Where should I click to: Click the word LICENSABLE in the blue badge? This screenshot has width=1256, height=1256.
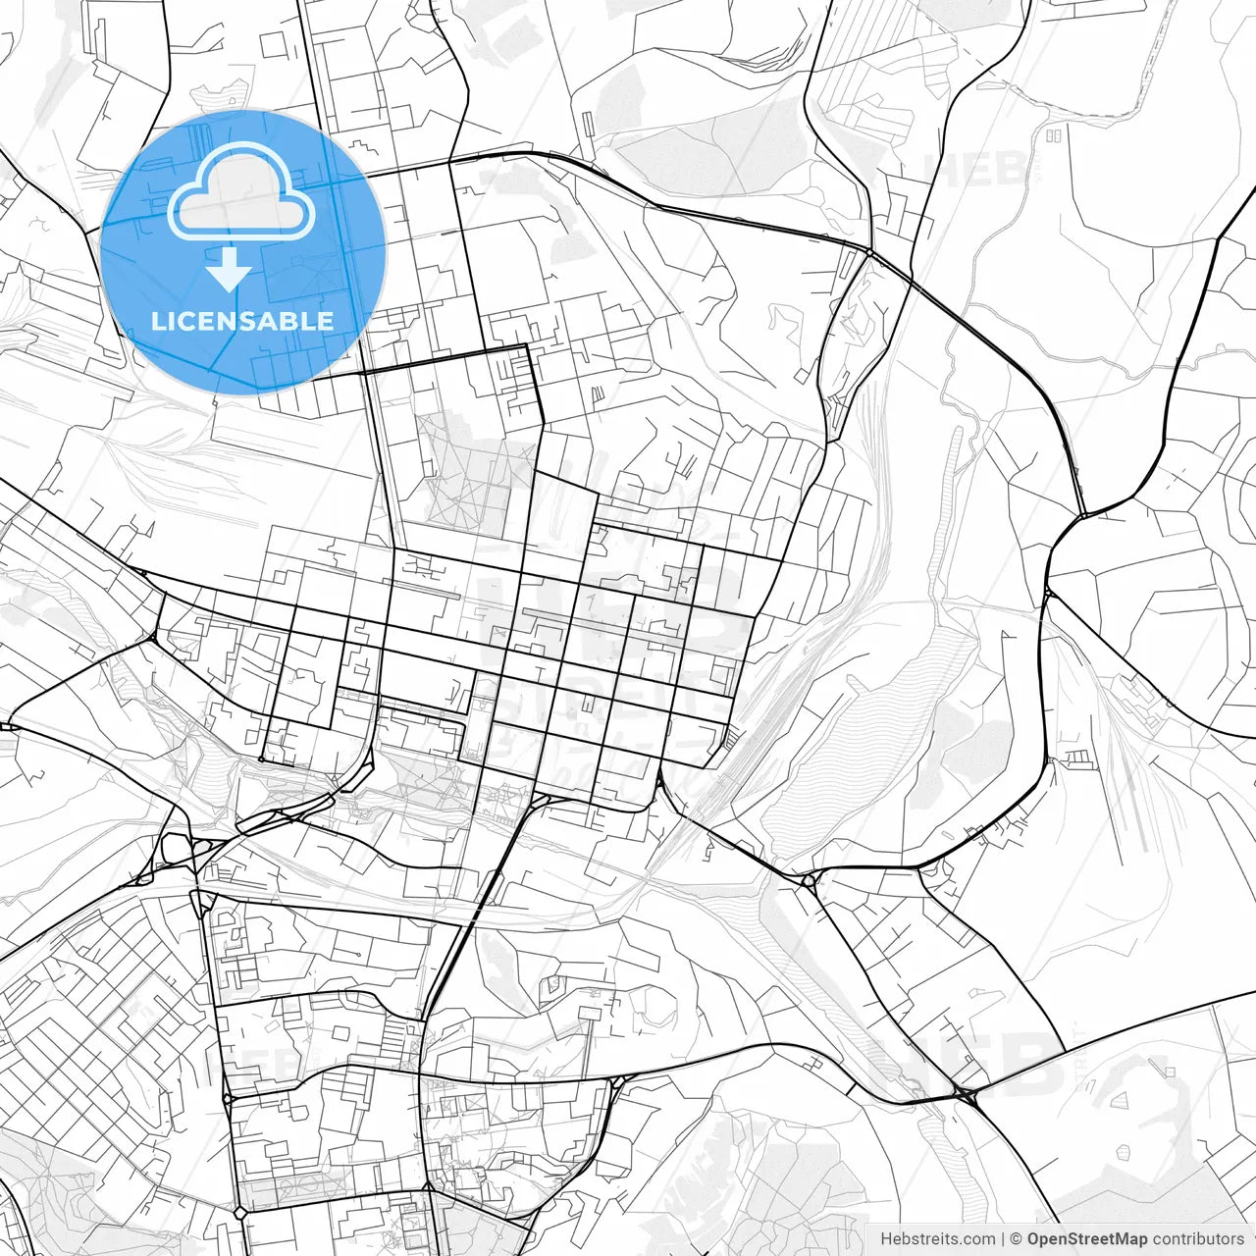point(242,321)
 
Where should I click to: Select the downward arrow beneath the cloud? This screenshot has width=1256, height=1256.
point(230,269)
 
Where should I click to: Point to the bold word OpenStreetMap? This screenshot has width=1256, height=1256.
point(1086,1239)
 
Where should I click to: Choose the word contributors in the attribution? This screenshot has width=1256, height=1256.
point(1197,1239)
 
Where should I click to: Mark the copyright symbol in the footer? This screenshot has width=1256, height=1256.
point(1017,1239)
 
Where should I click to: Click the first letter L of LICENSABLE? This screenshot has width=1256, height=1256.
point(158,321)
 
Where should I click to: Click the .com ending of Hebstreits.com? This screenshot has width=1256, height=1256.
point(976,1239)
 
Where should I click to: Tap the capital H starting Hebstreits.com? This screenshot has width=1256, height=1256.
point(886,1239)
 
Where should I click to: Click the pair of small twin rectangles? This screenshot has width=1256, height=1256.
point(1054,134)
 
